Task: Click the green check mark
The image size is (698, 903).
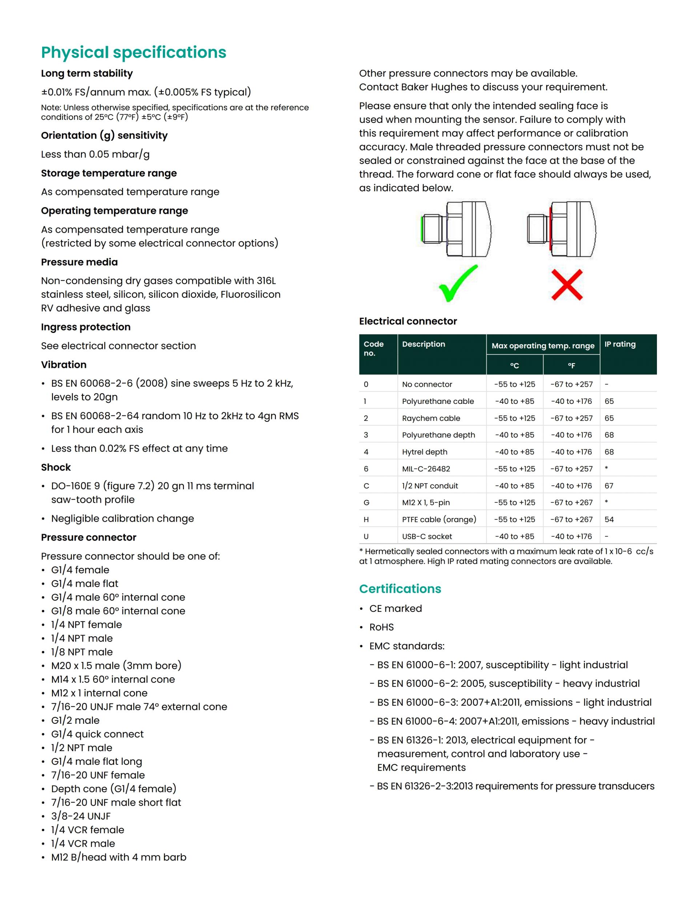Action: (457, 284)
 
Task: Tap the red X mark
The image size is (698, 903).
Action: (567, 285)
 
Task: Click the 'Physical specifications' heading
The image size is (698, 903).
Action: (133, 52)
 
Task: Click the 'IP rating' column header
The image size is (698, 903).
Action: (620, 344)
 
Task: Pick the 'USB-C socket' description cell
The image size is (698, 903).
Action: (427, 536)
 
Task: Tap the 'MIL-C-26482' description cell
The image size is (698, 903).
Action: (426, 469)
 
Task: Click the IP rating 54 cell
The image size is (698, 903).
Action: (609, 519)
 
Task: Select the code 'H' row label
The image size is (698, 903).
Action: (366, 519)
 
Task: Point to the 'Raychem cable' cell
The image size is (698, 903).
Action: (431, 418)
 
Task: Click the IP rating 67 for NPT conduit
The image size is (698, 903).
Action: (609, 486)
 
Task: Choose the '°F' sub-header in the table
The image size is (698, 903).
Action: (571, 365)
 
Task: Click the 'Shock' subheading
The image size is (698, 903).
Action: (56, 467)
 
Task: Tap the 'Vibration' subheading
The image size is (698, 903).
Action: (64, 365)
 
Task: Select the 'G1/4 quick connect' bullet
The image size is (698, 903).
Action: (97, 734)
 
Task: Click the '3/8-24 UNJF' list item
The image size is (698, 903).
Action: (81, 816)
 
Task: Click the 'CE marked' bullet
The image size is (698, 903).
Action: (395, 609)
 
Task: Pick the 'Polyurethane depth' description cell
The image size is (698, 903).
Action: (438, 435)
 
